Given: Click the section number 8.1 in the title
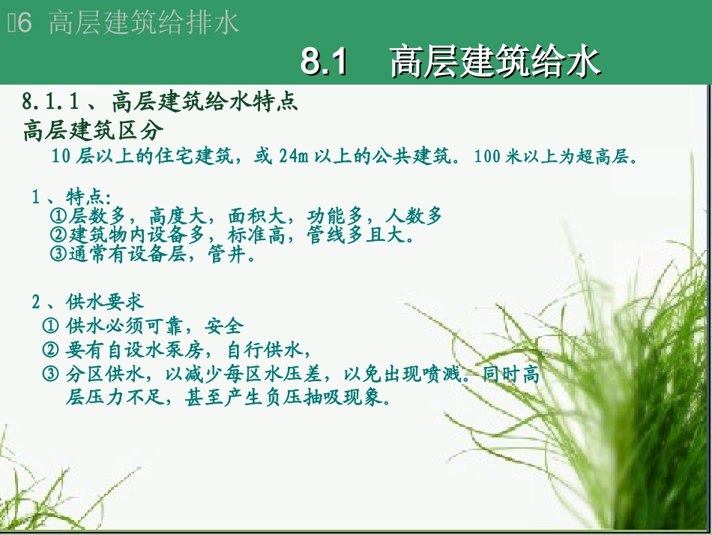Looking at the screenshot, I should coord(325,62).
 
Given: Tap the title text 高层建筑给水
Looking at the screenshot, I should coord(495,62).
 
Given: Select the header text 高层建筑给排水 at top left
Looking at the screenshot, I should coord(143,23).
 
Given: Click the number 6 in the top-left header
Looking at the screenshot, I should coord(25,23).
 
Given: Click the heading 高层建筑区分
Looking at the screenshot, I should coord(93,131).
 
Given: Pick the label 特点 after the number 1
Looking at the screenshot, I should coord(87,197).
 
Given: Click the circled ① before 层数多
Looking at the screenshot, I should coord(59,217).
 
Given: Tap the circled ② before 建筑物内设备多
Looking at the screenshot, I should coord(59,236).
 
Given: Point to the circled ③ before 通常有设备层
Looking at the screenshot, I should coord(59,254).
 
